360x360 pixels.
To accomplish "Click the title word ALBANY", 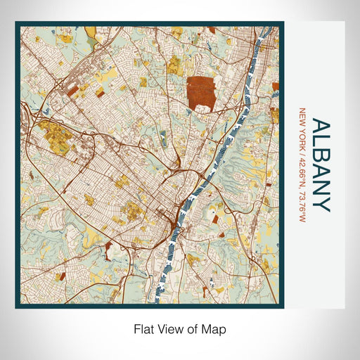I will (321, 165).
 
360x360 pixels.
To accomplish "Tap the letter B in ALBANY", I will (321, 158).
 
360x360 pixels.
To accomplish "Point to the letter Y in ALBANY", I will (321, 203).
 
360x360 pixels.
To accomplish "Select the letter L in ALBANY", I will (321, 143).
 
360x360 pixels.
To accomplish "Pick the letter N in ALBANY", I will (321, 188).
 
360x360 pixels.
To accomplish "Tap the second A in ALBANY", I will (321, 173).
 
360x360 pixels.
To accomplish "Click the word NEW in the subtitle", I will (303, 116).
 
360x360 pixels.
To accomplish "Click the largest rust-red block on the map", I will (202, 93).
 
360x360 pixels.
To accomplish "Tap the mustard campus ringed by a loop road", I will (51, 133).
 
